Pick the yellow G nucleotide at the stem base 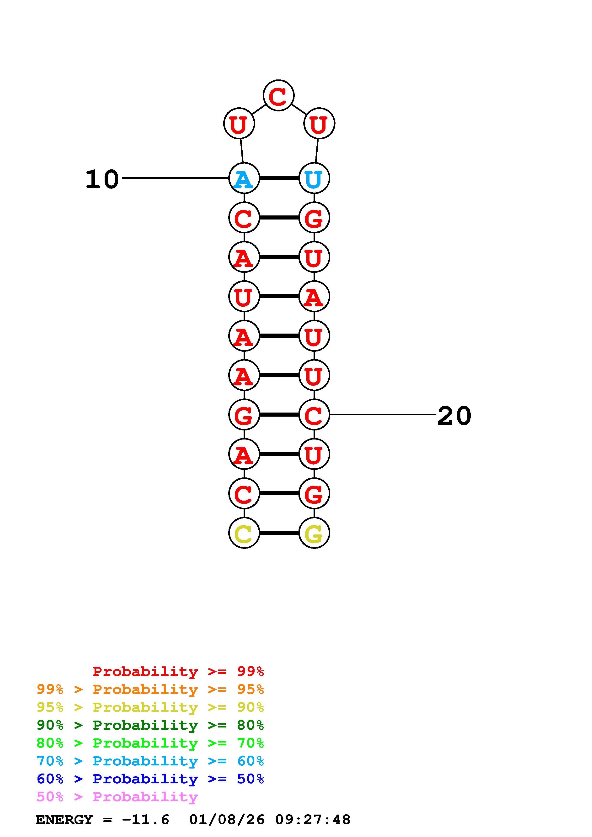click(x=314, y=533)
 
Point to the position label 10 click(x=102, y=179)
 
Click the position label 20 click(x=454, y=416)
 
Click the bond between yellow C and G click(x=279, y=533)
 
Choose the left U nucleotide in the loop click(x=239, y=124)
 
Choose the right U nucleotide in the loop click(x=319, y=124)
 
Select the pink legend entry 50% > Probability click(x=117, y=797)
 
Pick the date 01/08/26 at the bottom click(x=227, y=820)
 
